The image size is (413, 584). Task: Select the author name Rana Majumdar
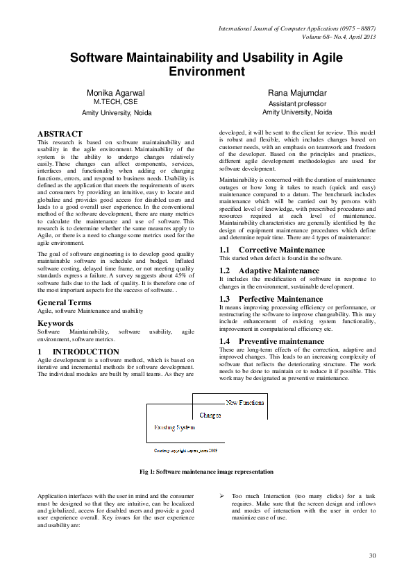[297, 92]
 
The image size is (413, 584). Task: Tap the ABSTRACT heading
[60, 134]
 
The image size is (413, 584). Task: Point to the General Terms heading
[65, 302]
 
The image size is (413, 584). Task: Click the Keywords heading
[56, 323]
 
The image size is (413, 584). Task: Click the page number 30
[372, 556]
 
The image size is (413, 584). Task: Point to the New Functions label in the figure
[244, 402]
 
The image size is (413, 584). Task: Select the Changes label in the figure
[210, 415]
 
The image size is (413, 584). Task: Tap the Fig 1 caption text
[206, 472]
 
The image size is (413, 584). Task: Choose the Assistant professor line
[297, 103]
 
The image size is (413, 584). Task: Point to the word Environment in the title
[207, 71]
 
